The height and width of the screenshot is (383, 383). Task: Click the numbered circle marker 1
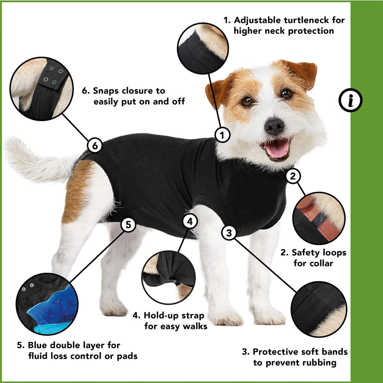(x=222, y=135)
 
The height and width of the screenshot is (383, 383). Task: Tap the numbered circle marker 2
(x=292, y=176)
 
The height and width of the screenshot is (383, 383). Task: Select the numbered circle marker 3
(x=229, y=233)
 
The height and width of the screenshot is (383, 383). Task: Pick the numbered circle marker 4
(x=190, y=221)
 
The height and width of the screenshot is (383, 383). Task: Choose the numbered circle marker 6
(x=95, y=145)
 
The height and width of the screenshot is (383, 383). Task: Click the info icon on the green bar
(x=350, y=100)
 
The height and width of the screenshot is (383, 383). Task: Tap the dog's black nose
(x=274, y=126)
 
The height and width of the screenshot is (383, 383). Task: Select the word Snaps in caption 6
(x=106, y=91)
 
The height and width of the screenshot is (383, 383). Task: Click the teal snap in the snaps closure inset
(x=54, y=82)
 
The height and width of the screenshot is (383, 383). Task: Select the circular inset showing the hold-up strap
(x=168, y=277)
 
